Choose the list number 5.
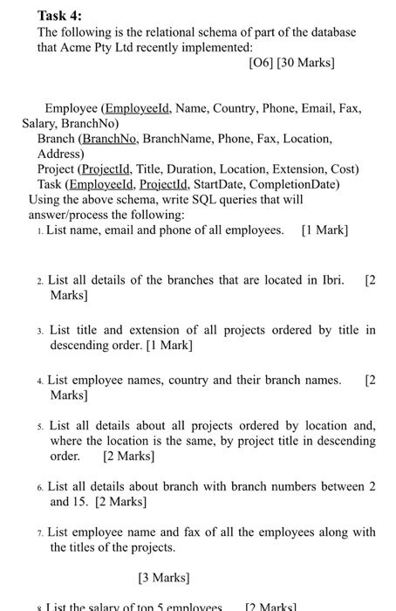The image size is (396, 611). [x=41, y=426]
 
